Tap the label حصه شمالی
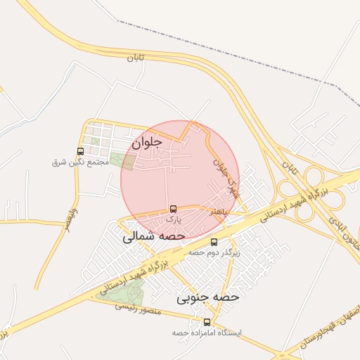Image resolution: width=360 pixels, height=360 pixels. tap(153, 237)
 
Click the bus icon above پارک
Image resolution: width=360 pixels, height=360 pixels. tap(173, 209)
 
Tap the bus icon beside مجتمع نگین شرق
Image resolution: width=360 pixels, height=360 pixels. tap(80, 151)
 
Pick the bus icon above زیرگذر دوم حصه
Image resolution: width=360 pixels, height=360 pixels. tap(214, 242)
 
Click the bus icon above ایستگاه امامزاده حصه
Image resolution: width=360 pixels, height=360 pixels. tap(206, 321)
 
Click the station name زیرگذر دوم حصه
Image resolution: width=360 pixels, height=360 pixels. tap(214, 252)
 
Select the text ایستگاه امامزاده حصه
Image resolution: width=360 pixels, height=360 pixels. tap(206, 331)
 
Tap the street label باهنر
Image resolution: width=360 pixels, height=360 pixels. tap(217, 210)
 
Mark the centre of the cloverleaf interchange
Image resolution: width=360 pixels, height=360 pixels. tap(310, 188)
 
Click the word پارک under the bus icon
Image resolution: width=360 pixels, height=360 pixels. tap(173, 219)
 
